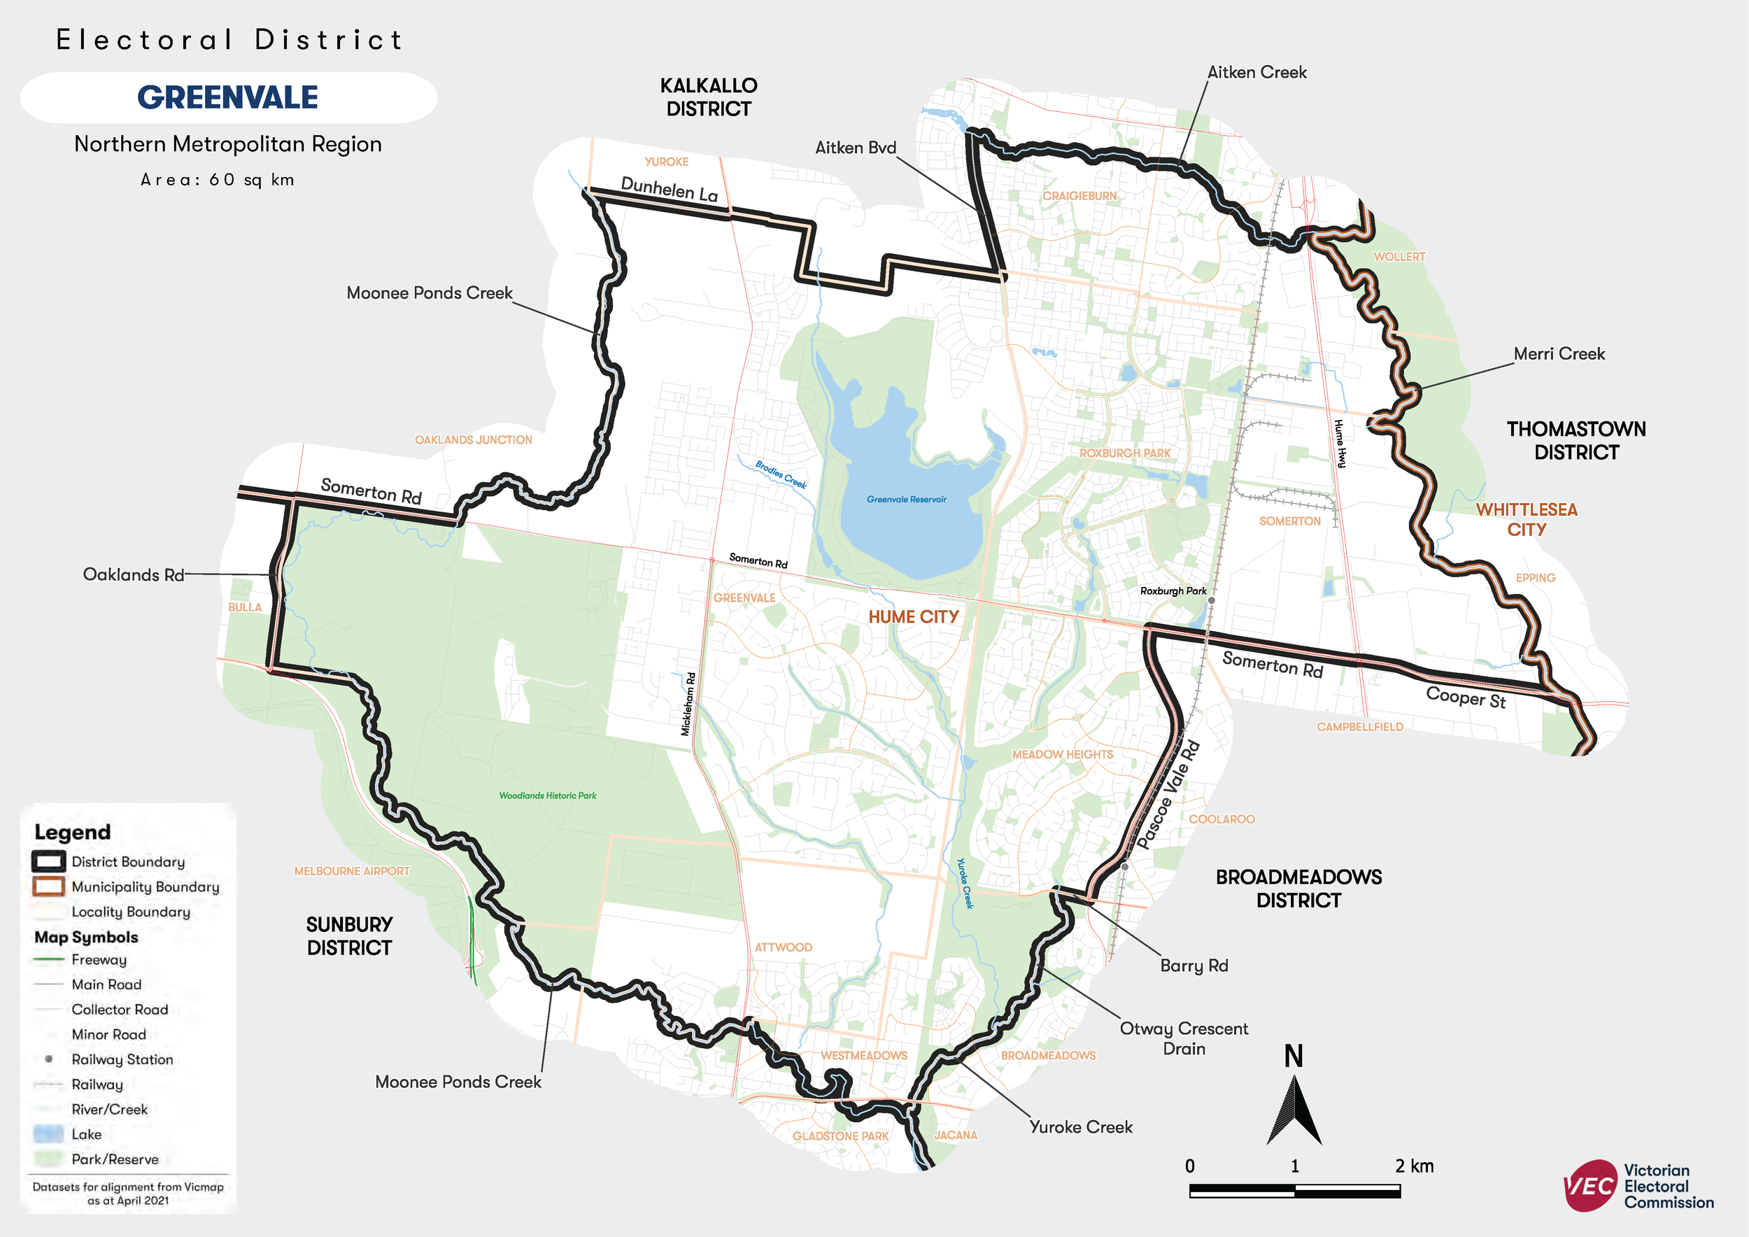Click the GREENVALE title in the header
[228, 97]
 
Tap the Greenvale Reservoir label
[907, 500]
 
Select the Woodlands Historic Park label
[548, 796]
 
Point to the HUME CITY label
[914, 617]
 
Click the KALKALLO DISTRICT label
[709, 97]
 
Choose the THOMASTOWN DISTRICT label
[1576, 440]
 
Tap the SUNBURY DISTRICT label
[350, 936]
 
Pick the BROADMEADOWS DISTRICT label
[1298, 889]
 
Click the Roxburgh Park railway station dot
[1212, 601]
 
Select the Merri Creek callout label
[1559, 353]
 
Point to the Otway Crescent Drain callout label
[1184, 1038]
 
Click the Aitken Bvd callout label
[856, 148]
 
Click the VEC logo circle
[1589, 1185]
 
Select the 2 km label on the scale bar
[1414, 1166]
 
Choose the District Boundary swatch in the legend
[48, 861]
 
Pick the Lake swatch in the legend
[48, 1134]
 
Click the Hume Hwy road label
[1340, 444]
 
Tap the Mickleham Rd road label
[688, 704]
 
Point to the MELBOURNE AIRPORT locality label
[352, 871]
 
